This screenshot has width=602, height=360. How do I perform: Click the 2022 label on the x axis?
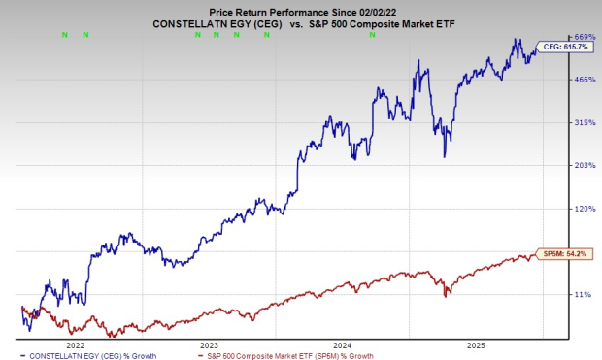pos(74,344)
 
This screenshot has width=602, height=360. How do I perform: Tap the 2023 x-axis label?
pos(208,344)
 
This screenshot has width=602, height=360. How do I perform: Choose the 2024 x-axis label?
pos(342,344)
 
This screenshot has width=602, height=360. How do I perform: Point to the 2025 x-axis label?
pos(476,344)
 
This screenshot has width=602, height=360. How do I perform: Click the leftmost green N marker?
pos(64,35)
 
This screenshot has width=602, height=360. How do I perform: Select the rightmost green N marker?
pos(372,35)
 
